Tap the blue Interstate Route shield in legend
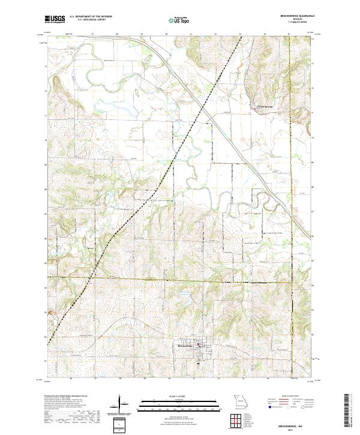pos(268,413)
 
